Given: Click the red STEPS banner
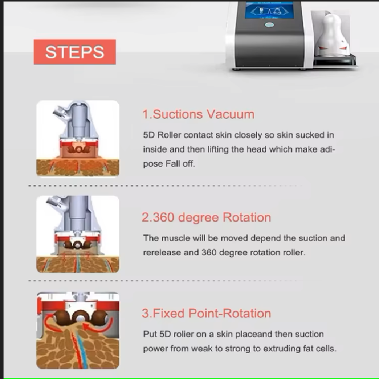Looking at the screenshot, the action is coord(74,52).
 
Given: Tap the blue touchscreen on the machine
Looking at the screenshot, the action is coord(269,11).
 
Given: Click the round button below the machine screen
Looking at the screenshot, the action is coord(269,25).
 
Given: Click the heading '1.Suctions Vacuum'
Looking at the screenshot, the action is coord(199,114).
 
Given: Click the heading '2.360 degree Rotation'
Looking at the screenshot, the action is coord(206,217).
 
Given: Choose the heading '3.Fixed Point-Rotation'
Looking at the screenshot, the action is coord(206,313).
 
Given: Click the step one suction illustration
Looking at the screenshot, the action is coord(78,138).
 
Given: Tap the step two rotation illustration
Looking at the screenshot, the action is coord(78,234).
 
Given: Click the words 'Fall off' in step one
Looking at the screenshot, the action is coord(180,164).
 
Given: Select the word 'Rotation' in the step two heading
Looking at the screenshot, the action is coord(247,217).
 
